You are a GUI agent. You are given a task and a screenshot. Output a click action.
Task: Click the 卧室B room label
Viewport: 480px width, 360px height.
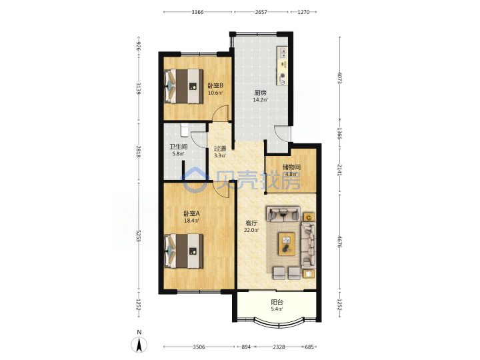pos(215,86)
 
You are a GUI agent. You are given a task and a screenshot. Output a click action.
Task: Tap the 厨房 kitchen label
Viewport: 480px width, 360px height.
pos(260,93)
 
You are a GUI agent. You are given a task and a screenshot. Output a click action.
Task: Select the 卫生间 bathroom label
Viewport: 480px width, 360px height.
pos(179,147)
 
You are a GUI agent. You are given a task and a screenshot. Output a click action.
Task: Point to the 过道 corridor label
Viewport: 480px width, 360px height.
pos(220,149)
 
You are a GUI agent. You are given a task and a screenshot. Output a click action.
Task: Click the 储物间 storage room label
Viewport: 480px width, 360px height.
pos(291,167)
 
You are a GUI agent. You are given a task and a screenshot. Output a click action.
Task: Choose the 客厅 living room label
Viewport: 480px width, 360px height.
pos(251,223)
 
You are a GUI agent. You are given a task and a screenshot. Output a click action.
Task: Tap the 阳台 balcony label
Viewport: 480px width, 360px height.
pos(277,303)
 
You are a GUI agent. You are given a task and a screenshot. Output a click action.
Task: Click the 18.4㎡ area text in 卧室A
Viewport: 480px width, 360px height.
pos(191,221)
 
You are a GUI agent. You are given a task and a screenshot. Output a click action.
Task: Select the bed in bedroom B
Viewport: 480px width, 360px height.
pos(183,86)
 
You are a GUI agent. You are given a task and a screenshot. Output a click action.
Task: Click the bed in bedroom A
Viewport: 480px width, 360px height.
pos(183,251)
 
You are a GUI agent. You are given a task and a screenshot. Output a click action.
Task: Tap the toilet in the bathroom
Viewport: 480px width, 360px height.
pos(185,130)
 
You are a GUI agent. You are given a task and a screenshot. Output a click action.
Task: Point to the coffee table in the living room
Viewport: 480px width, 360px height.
pos(287,244)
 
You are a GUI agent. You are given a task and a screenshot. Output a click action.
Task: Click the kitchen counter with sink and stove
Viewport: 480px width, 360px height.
pos(282,66)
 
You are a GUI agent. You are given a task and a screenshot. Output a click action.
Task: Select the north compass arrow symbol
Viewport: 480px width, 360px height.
pos(139,345)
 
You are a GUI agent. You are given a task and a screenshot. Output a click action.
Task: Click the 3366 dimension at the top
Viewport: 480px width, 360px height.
pos(197,12)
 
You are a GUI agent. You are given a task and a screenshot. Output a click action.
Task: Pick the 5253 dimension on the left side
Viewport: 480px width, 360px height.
pos(139,236)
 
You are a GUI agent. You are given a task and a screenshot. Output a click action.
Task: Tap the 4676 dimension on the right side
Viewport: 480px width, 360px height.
pos(339,241)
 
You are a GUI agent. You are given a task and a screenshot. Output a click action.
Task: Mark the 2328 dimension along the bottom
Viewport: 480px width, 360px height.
pos(279,347)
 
